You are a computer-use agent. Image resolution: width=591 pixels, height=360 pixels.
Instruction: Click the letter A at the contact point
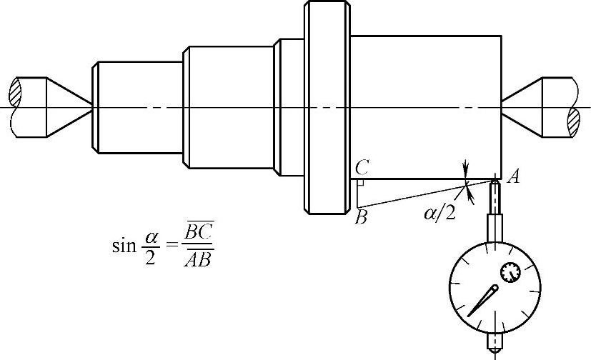tap(512, 177)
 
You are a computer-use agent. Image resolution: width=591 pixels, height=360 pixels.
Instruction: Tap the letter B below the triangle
tap(361, 216)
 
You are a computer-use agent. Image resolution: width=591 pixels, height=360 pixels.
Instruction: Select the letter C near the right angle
tap(362, 168)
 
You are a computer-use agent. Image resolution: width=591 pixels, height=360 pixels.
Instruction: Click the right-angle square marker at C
tap(362, 183)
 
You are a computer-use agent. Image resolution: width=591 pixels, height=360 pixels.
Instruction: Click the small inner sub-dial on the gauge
tap(510, 271)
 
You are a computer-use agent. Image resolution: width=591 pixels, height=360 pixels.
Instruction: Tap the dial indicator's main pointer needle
tap(484, 300)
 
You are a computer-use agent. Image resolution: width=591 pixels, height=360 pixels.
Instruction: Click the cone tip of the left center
tap(91, 107)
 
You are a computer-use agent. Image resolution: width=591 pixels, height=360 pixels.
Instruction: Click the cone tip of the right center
tap(502, 107)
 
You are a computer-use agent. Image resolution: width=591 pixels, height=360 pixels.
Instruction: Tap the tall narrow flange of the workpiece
tap(327, 107)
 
